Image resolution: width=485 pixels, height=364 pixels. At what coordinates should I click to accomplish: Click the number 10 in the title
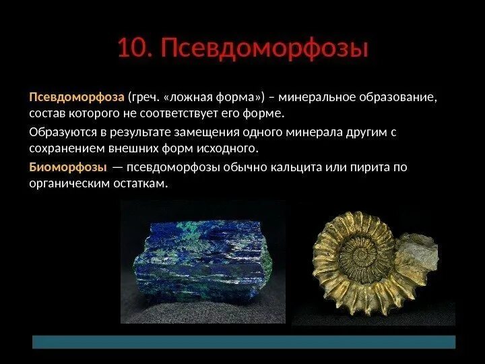133,49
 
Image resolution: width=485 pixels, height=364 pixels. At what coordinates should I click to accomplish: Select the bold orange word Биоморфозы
67,166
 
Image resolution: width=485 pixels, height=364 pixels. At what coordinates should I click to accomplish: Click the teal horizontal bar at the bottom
244,342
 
